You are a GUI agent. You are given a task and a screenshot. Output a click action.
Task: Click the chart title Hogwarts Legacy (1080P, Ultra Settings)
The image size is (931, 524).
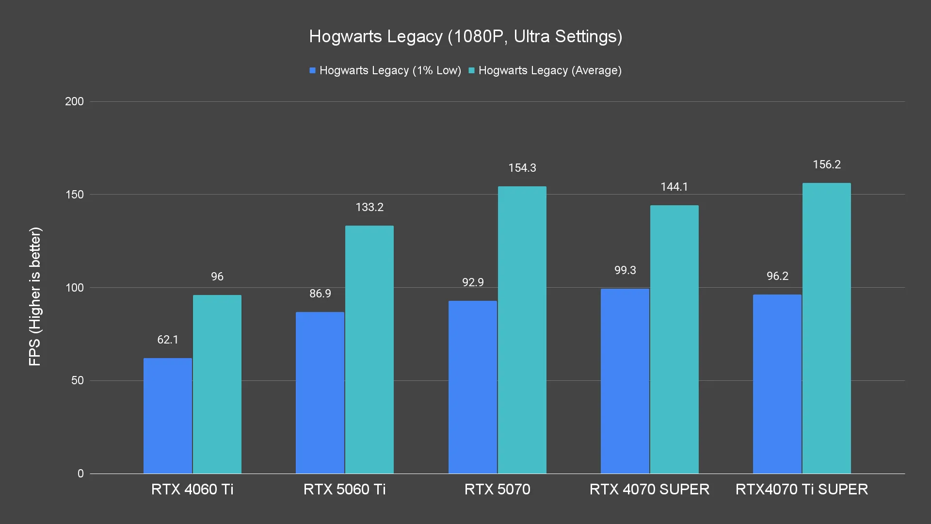click(465, 36)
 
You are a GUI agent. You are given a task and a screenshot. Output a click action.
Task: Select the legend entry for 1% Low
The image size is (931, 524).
click(385, 71)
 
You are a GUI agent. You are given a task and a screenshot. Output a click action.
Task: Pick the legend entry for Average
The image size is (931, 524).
click(545, 71)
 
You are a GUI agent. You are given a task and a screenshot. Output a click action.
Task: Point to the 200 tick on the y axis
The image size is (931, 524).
click(74, 101)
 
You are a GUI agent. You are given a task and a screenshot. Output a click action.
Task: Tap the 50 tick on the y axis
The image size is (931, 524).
click(78, 380)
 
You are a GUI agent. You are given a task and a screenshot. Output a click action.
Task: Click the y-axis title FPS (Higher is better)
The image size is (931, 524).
click(35, 296)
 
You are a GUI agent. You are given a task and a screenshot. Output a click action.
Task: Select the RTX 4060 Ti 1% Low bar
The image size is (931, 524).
click(168, 416)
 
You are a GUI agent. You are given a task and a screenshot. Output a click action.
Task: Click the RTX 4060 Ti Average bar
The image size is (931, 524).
click(217, 384)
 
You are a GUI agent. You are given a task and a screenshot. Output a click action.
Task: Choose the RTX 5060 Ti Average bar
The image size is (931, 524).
click(369, 349)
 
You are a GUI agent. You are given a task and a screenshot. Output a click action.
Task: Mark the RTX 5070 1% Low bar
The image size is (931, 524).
click(473, 387)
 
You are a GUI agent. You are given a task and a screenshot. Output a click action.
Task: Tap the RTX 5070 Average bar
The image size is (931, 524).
click(522, 330)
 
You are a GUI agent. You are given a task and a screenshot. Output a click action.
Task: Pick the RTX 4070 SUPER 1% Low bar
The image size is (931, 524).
click(625, 381)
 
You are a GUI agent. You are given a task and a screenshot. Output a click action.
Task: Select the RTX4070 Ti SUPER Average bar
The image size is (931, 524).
click(827, 328)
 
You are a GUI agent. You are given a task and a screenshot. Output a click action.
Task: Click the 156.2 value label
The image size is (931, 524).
click(827, 165)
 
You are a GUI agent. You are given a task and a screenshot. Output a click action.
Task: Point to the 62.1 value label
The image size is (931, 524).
click(168, 340)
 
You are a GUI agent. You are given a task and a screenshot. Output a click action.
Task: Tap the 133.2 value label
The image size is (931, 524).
click(369, 208)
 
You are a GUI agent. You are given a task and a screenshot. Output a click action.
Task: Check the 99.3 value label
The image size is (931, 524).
click(625, 270)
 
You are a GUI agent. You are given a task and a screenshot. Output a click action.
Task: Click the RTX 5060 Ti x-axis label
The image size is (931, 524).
click(345, 489)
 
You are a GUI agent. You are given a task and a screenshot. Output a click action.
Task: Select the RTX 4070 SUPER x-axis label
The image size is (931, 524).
click(649, 489)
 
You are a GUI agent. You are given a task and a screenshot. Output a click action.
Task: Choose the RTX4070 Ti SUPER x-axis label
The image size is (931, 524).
click(802, 489)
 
